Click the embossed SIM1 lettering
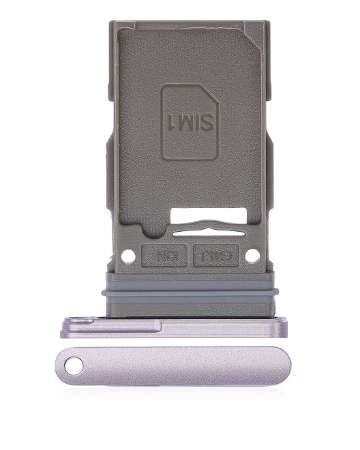click(x=189, y=122)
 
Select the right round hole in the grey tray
click(x=252, y=256)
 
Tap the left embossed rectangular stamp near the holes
click(x=164, y=256)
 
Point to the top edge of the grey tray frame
click(x=189, y=23)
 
